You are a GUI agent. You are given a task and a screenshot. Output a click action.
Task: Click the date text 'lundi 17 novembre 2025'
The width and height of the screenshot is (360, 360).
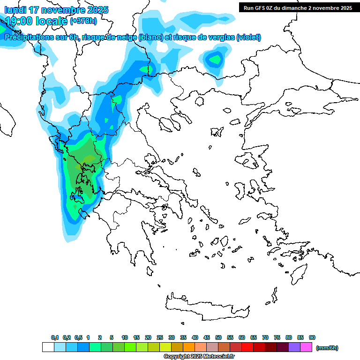(x=56, y=10)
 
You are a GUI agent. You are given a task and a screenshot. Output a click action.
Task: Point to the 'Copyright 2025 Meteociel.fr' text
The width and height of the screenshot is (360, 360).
(x=199, y=357)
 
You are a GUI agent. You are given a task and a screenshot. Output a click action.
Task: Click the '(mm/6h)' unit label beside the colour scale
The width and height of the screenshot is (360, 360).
(x=327, y=348)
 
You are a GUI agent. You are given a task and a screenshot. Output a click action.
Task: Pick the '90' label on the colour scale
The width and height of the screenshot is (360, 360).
(x=312, y=338)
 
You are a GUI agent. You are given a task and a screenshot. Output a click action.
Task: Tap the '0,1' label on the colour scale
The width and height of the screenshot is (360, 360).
(x=55, y=338)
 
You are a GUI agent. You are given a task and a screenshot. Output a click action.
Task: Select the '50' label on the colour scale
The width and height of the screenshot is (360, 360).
(x=218, y=338)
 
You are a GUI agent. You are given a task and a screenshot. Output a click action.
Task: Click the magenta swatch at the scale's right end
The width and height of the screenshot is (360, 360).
(x=306, y=347)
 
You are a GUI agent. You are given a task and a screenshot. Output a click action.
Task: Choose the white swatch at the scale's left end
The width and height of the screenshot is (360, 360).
(x=48, y=347)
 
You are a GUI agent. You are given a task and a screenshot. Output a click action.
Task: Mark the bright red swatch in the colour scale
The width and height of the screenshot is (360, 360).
(x=247, y=347)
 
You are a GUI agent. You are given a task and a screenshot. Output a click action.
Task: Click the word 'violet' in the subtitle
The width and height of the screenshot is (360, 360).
(x=248, y=37)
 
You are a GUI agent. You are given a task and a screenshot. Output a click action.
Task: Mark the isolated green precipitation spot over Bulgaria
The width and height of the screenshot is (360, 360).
(x=215, y=60)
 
